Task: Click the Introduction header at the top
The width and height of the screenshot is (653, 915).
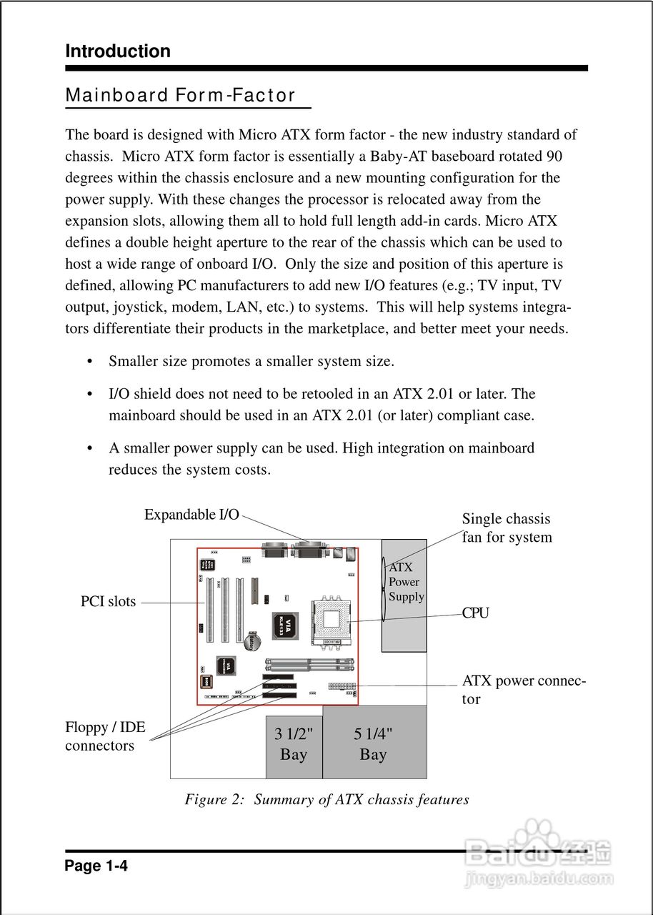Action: click(x=118, y=51)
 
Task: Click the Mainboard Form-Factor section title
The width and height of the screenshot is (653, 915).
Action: click(x=180, y=96)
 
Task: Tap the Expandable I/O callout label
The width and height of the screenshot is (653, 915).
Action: click(x=191, y=515)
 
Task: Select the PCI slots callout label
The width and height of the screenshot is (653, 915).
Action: click(x=108, y=602)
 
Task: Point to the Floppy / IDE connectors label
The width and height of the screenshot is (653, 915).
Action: click(x=104, y=737)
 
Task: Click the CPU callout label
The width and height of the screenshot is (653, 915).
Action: click(x=476, y=613)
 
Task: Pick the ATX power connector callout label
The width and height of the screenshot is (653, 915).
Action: click(x=524, y=690)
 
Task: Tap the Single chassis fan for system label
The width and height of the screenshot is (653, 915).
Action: click(x=507, y=528)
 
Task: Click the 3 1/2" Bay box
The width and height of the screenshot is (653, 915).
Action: click(x=294, y=746)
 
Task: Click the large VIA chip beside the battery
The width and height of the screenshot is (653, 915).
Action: click(x=284, y=626)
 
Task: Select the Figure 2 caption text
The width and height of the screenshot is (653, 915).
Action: click(x=326, y=800)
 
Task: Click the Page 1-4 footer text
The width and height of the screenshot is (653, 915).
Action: click(x=96, y=866)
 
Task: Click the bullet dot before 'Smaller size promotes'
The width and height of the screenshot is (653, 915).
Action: click(x=90, y=362)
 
